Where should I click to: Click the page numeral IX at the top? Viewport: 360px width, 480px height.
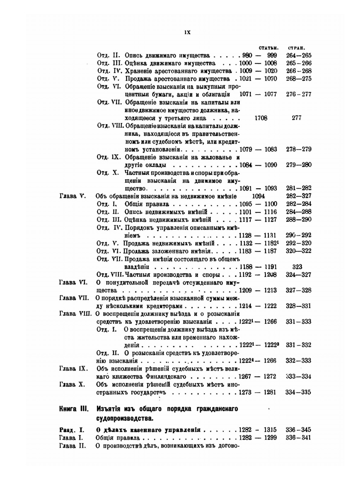(x=187, y=32)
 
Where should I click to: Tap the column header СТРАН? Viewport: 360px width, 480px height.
(x=296, y=48)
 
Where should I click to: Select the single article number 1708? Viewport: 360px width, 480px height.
(x=261, y=118)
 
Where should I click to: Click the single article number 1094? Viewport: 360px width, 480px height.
(x=259, y=196)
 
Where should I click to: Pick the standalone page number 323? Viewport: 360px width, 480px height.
(x=297, y=267)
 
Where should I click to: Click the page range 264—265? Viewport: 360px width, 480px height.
(x=298, y=55)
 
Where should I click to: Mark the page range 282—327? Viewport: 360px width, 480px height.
(x=298, y=196)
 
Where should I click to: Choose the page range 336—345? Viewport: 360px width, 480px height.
(x=298, y=430)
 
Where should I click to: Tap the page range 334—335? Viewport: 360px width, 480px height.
(x=298, y=392)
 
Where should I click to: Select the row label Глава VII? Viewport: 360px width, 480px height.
(x=73, y=298)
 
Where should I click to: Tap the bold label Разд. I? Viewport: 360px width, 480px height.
(x=71, y=430)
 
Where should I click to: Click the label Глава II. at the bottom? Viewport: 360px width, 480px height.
(x=72, y=445)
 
